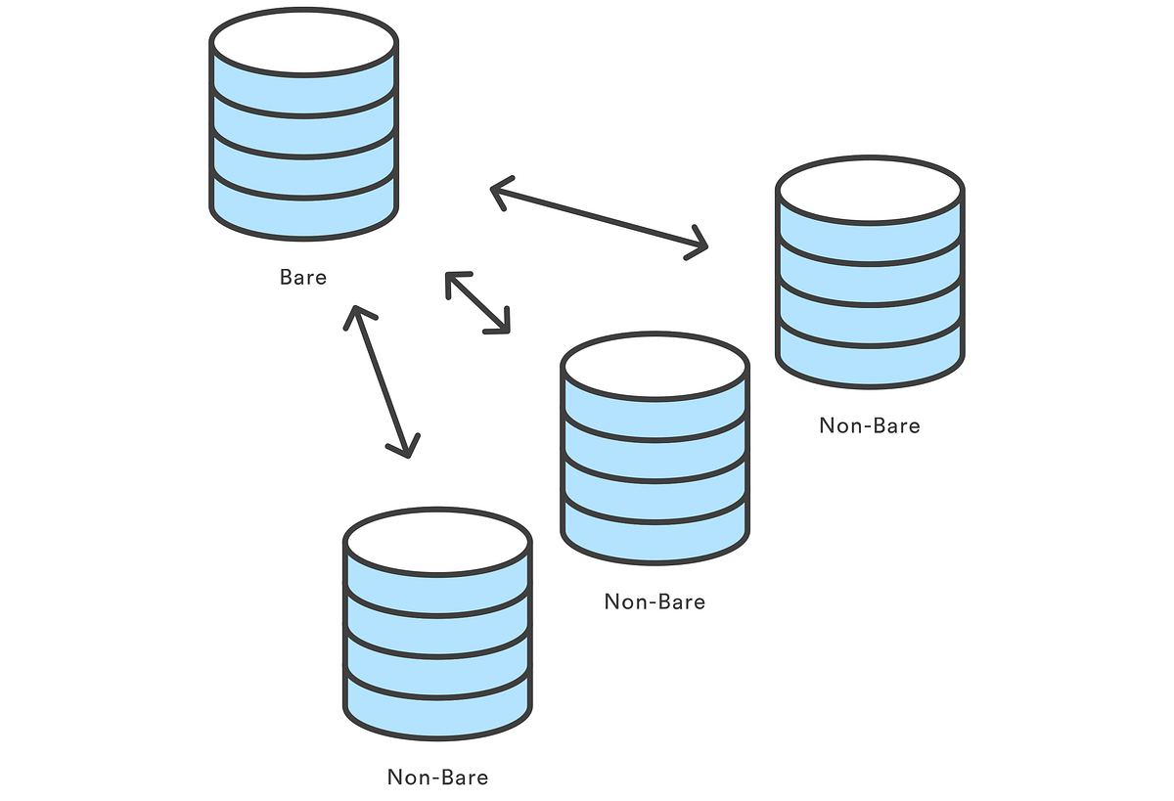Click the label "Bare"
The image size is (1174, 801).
303,277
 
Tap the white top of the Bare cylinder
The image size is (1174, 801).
304,42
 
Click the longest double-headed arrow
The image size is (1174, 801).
598,218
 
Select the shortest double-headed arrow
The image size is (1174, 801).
477,303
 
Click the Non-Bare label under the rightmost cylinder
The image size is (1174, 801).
870,425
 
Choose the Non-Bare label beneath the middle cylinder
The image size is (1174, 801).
655,601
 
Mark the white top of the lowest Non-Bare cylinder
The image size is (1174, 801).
438,541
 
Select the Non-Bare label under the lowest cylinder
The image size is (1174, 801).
438,778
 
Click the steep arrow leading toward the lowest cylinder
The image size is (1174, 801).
382,381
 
